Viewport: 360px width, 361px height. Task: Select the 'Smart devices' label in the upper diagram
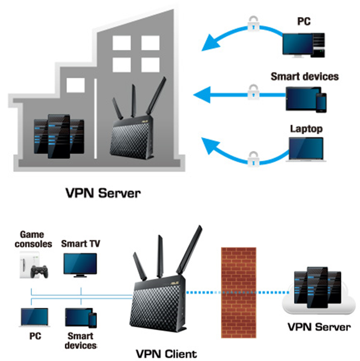305,76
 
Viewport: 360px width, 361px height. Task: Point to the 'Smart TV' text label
80,243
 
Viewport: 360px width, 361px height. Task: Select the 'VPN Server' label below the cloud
319,327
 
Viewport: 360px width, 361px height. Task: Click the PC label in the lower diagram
33,335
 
